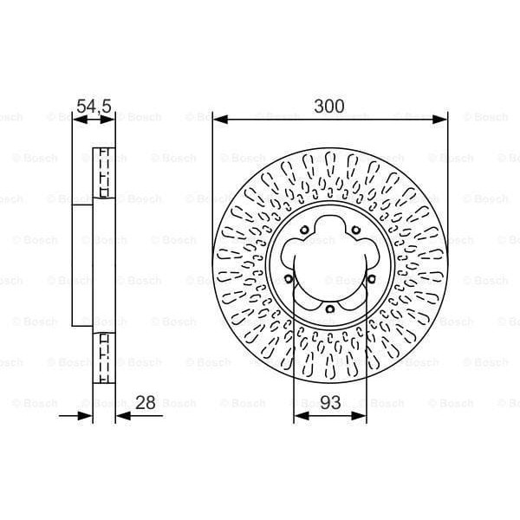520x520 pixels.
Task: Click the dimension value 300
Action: coord(329,107)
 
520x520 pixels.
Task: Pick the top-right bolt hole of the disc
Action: coord(356,229)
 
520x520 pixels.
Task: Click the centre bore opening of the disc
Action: coord(329,260)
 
